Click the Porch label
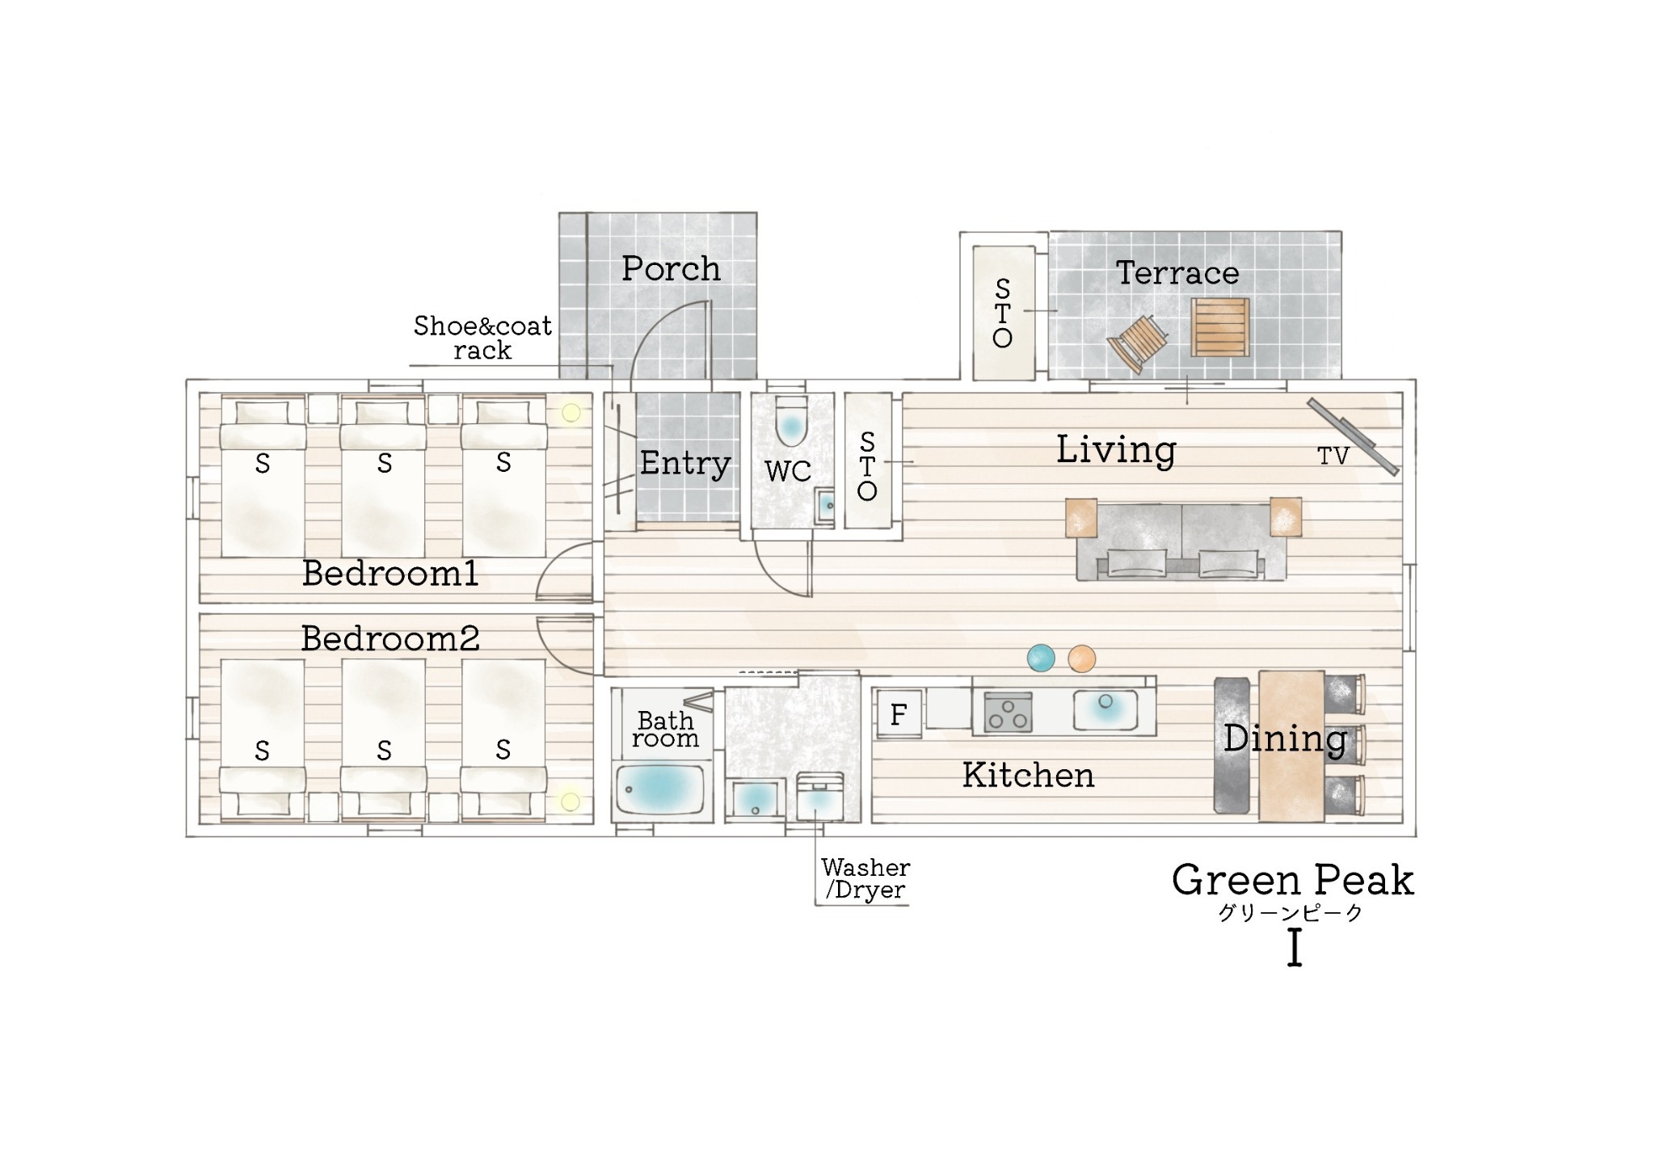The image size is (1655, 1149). pos(671,269)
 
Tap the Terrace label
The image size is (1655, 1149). pos(1177,273)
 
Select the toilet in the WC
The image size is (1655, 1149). pos(791,420)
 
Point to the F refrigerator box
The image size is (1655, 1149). pos(899,714)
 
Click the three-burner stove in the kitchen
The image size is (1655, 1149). pos(1008,712)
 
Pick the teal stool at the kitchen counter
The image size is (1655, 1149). pos(1041,658)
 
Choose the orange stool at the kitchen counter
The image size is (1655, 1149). pos(1081,659)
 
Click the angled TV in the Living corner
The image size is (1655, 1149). pos(1353,436)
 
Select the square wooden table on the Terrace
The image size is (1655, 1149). pos(1220,327)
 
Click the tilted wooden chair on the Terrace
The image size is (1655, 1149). pos(1138,343)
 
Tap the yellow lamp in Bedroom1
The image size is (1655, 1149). pos(571,413)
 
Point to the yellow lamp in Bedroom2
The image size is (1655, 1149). pos(571,802)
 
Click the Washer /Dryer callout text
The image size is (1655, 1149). pos(865,879)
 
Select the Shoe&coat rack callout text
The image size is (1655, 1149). pos(482,338)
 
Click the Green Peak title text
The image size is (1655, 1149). pos(1293,880)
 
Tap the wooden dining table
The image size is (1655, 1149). pos(1291,746)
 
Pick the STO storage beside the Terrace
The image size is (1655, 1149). pos(1003,313)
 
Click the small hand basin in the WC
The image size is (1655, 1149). pos(825,506)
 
